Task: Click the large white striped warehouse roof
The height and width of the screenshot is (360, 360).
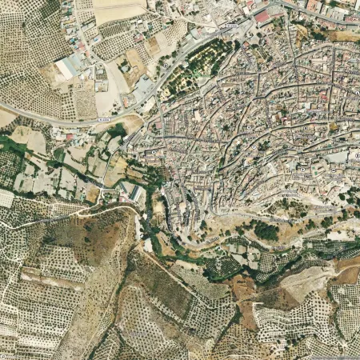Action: [x=68, y=66]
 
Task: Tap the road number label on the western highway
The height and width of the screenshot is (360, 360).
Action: [x=102, y=119]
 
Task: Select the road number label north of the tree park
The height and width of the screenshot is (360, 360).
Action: [x=230, y=26]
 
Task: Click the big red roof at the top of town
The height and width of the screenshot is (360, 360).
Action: [x=262, y=17]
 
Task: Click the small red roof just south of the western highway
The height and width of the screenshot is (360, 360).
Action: [x=70, y=137]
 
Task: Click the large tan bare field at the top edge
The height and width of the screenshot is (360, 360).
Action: [x=118, y=10]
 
